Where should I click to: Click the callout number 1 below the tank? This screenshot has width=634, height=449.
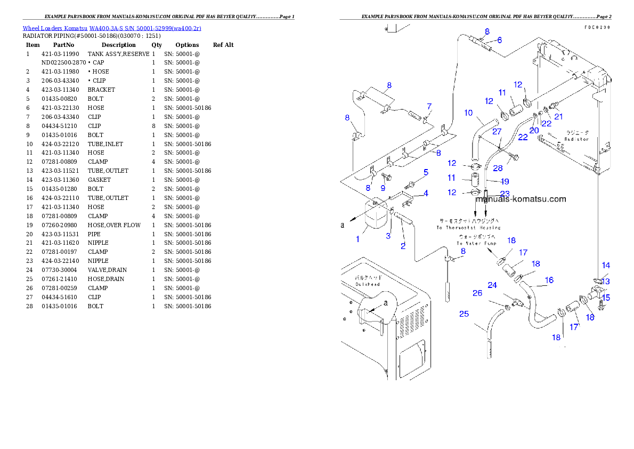(358, 239)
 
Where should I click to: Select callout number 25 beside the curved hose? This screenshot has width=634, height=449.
(464, 314)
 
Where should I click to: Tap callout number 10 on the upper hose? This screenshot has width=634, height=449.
(468, 113)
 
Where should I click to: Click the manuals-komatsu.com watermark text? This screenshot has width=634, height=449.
(521, 199)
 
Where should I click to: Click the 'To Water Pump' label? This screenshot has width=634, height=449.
(476, 243)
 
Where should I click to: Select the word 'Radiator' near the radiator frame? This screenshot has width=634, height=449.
(577, 139)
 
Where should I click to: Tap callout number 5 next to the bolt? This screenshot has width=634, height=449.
(426, 172)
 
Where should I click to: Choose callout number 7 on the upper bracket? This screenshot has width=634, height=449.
(429, 107)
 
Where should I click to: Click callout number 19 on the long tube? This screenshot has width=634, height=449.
(505, 181)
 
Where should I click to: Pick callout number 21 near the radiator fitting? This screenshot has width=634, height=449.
(558, 116)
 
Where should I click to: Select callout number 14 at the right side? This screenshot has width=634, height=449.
(606, 265)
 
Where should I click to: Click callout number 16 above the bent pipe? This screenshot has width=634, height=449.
(549, 279)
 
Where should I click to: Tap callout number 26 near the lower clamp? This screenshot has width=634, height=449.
(477, 293)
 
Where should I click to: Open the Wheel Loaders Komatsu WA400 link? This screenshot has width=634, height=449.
(112, 28)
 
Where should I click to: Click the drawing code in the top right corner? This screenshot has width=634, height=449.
(597, 27)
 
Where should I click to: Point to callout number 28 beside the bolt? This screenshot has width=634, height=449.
(498, 168)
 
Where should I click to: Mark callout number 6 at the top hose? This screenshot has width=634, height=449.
(499, 40)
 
